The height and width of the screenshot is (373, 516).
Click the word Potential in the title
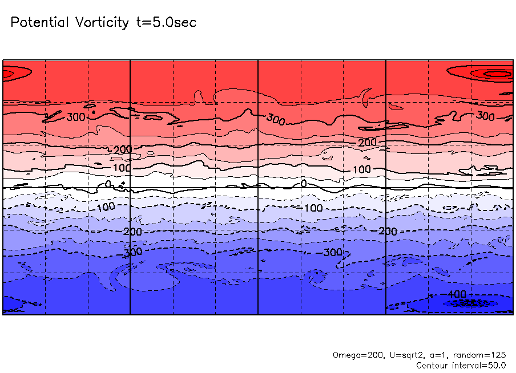point(38,23)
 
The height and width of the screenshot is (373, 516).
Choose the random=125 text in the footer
point(480,355)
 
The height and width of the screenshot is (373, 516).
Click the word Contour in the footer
point(434,365)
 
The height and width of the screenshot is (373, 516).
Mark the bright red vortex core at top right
point(498,74)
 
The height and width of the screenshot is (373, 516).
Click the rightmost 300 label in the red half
point(485,116)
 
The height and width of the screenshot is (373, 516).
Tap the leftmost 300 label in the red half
point(76,117)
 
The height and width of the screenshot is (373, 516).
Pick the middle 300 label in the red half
point(275,120)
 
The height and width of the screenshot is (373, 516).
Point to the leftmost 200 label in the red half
point(123,149)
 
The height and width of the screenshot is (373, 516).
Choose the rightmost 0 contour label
point(304,183)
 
